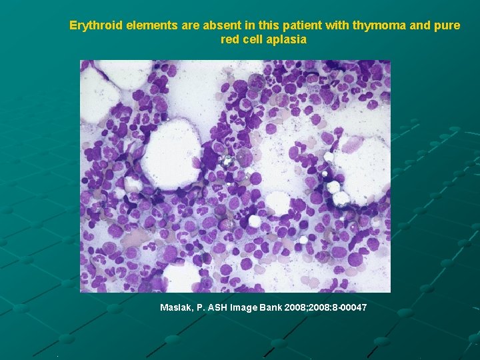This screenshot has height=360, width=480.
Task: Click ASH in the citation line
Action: coord(218,307)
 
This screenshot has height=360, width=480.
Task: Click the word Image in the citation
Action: coord(244,307)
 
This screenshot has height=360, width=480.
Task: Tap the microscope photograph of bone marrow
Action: coord(235,176)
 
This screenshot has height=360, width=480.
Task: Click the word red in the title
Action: coord(230,39)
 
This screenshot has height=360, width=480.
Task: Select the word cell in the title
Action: coord(253,39)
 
